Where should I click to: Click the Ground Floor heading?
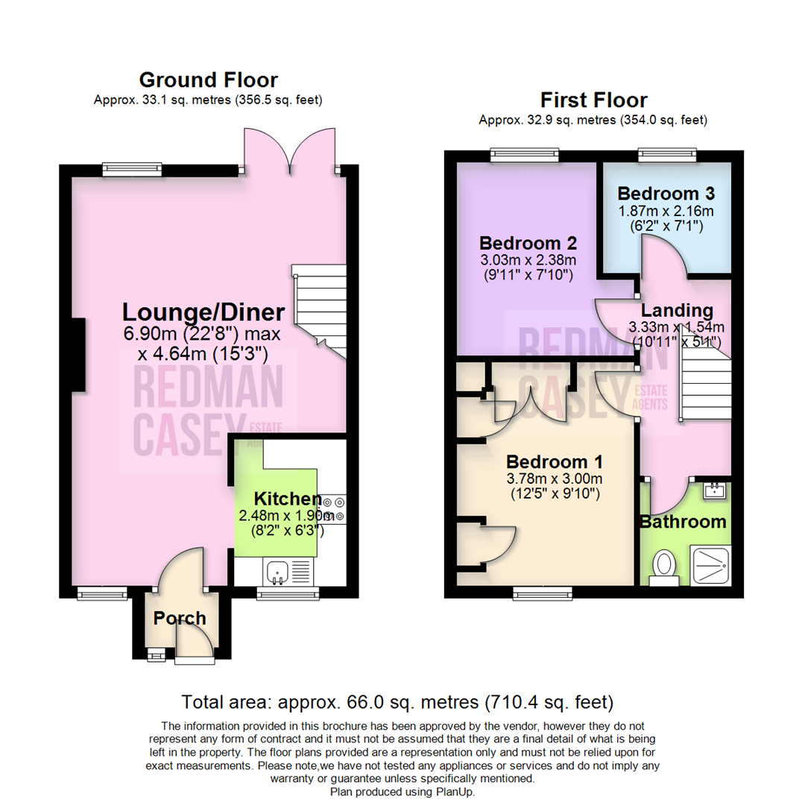click(x=208, y=80)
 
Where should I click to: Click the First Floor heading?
click(x=593, y=100)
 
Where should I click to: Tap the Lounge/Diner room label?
click(x=203, y=312)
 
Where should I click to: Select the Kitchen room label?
click(x=286, y=499)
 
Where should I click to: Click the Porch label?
click(x=180, y=618)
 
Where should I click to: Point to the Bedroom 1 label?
click(x=551, y=461)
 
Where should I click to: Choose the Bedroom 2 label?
click(x=529, y=243)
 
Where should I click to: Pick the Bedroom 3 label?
click(x=666, y=193)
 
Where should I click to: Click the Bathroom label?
click(x=684, y=522)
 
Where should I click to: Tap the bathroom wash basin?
click(x=713, y=490)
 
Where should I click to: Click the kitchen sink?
click(x=279, y=572)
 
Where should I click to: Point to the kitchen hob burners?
click(x=332, y=509)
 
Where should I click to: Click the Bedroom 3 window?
click(x=668, y=155)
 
